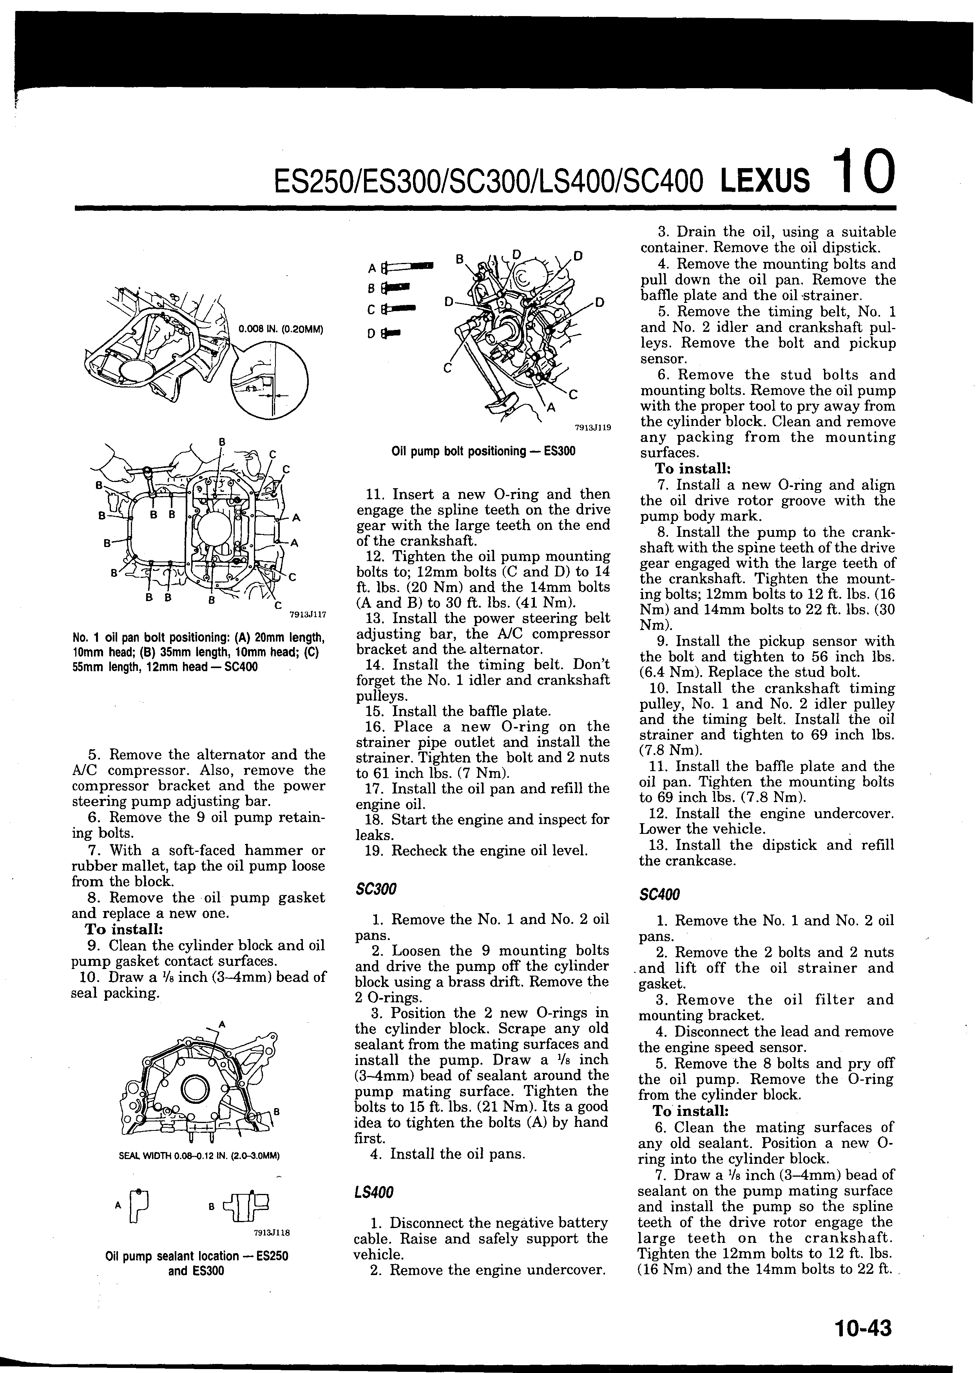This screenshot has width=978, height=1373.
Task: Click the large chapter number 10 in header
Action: [x=863, y=172]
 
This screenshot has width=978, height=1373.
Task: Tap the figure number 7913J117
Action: [x=308, y=615]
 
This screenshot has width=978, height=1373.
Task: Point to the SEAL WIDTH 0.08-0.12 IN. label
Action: [x=199, y=1156]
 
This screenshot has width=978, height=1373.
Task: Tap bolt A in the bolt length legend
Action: [x=408, y=266]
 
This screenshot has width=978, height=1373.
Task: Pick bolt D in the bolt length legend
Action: [x=393, y=332]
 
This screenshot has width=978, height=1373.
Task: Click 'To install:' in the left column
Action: [x=125, y=929]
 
